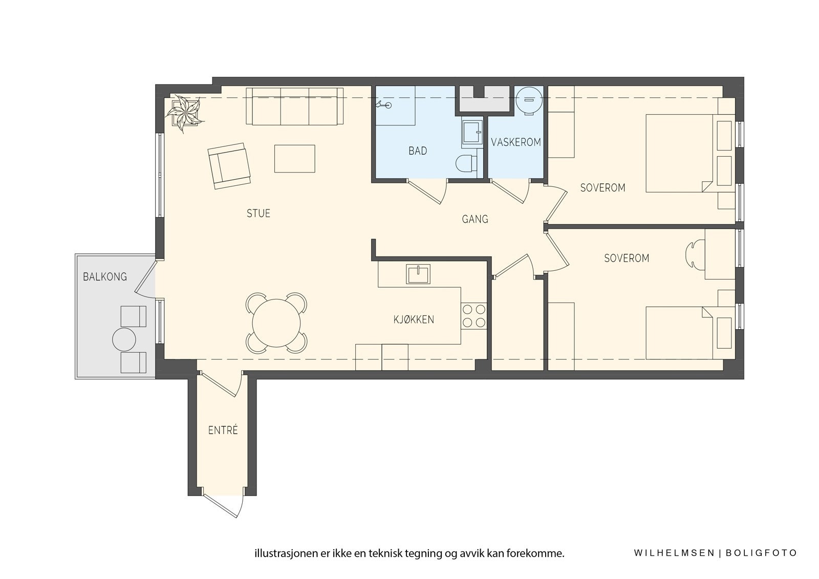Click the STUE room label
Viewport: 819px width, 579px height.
coord(258,213)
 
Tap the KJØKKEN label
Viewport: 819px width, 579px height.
coord(414,319)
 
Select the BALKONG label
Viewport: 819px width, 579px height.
coord(105,277)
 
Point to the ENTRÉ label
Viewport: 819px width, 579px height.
coord(223,430)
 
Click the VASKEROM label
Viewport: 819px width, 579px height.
coord(516,142)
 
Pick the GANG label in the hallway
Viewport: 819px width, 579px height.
coord(475,219)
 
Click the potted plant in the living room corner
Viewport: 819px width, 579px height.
coord(184,113)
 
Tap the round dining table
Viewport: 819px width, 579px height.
coord(276,323)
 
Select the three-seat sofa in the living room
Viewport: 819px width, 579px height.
coord(295,106)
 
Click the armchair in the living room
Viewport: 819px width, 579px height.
coord(229,166)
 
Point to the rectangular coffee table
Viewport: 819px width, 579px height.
coord(295,159)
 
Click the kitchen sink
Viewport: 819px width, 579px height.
coord(418,274)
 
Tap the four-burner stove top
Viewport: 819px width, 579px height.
coord(473,316)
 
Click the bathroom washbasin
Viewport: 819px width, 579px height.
coord(471,133)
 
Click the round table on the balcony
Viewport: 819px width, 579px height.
coord(124,340)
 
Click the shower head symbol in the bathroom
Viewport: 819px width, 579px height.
coord(383,105)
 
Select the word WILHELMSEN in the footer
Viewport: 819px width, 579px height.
coord(674,553)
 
